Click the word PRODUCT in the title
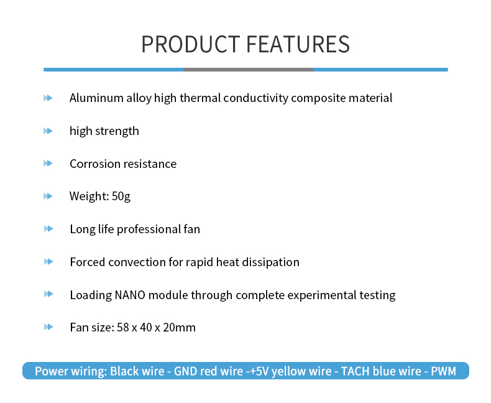click(x=191, y=44)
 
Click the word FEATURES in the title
click(x=298, y=44)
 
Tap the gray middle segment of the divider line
click(x=248, y=70)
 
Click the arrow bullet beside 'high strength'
click(x=48, y=131)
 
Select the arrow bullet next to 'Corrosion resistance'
click(x=48, y=164)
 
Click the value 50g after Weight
click(x=121, y=197)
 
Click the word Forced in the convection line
click(x=88, y=262)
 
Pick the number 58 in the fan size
click(x=123, y=328)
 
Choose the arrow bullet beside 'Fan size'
click(x=48, y=327)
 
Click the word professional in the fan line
click(x=149, y=229)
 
